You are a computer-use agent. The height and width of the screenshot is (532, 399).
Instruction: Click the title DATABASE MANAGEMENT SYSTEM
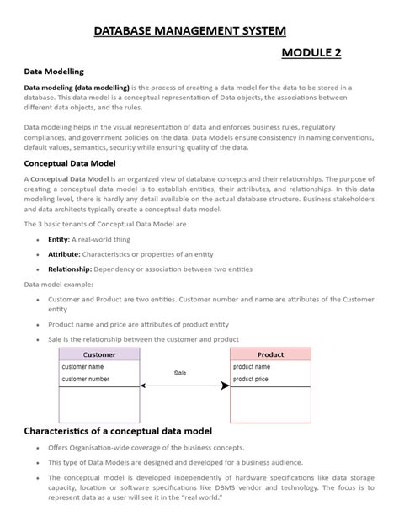(189, 31)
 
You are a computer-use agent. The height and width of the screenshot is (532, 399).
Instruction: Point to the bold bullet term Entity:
(59, 239)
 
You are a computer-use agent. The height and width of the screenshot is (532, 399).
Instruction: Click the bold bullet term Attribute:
(64, 254)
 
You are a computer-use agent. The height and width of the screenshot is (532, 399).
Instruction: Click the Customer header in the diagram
(99, 354)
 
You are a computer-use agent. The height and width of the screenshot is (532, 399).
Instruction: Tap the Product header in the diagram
(270, 354)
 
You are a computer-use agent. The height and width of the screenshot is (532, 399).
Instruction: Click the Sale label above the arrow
(180, 372)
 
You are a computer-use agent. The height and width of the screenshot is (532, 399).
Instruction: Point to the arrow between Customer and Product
(185, 386)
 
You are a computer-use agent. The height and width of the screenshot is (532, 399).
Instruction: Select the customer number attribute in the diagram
(86, 380)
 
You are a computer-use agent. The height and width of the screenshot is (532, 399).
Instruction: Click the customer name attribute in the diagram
(82, 367)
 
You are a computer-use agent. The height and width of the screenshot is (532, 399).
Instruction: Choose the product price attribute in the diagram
(252, 380)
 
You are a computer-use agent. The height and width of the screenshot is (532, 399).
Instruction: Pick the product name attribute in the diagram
(252, 367)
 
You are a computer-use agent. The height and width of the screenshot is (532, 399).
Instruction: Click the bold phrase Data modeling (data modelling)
(77, 88)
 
